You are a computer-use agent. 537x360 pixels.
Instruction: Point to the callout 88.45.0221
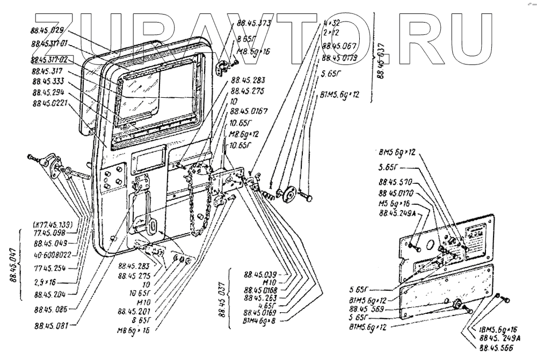tap(49, 102)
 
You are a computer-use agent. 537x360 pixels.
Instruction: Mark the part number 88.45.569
tap(367, 309)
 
